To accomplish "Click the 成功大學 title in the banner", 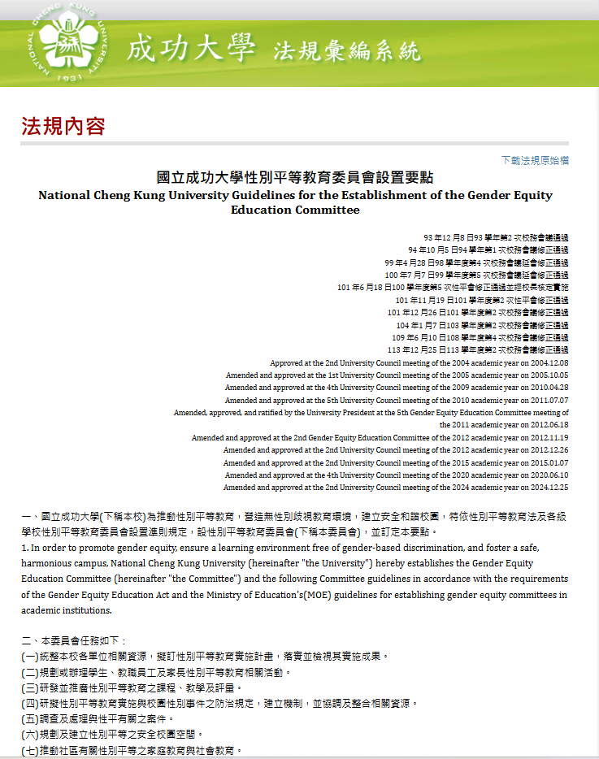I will pos(191,49).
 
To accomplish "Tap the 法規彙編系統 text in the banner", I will pos(347,51).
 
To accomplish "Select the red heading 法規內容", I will pos(63,126).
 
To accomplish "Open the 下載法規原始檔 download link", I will pos(535,160).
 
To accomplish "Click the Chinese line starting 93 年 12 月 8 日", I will pos(496,238).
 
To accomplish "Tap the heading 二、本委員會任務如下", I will pos(74,641).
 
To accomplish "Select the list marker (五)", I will pos(30,718).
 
